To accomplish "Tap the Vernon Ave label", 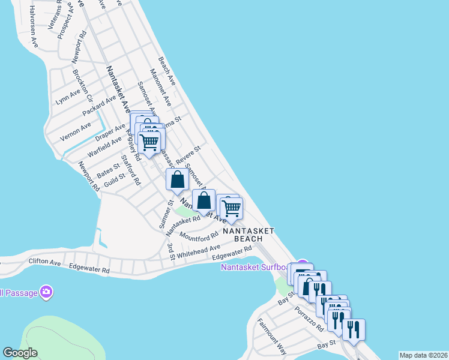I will pos(76,132).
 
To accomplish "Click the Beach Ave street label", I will pos(167,71).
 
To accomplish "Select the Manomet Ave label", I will pos(161,86).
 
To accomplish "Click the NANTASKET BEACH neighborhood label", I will pos(249,235).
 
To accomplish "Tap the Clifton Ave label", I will pos(45,262).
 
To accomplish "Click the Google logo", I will pos(20,353).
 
